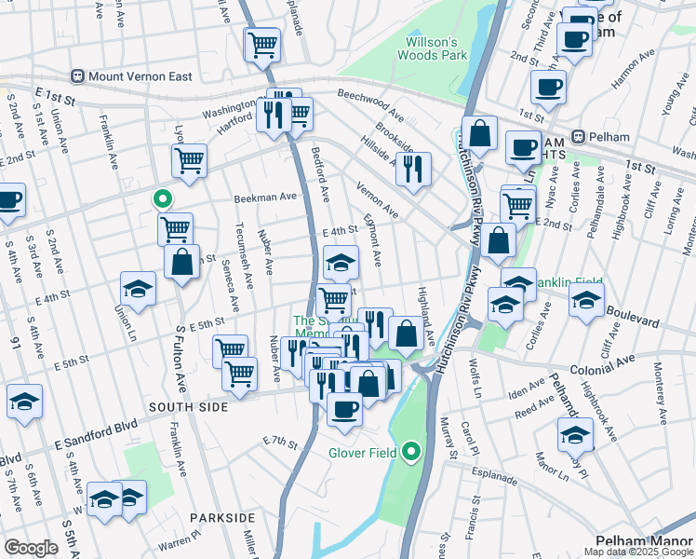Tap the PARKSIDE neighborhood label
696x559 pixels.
click(221, 517)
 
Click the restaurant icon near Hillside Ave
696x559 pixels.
click(413, 169)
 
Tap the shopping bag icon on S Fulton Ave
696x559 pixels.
click(182, 261)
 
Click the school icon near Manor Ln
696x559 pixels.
click(576, 434)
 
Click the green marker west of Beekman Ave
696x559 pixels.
click(162, 198)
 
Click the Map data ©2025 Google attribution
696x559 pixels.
click(638, 552)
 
